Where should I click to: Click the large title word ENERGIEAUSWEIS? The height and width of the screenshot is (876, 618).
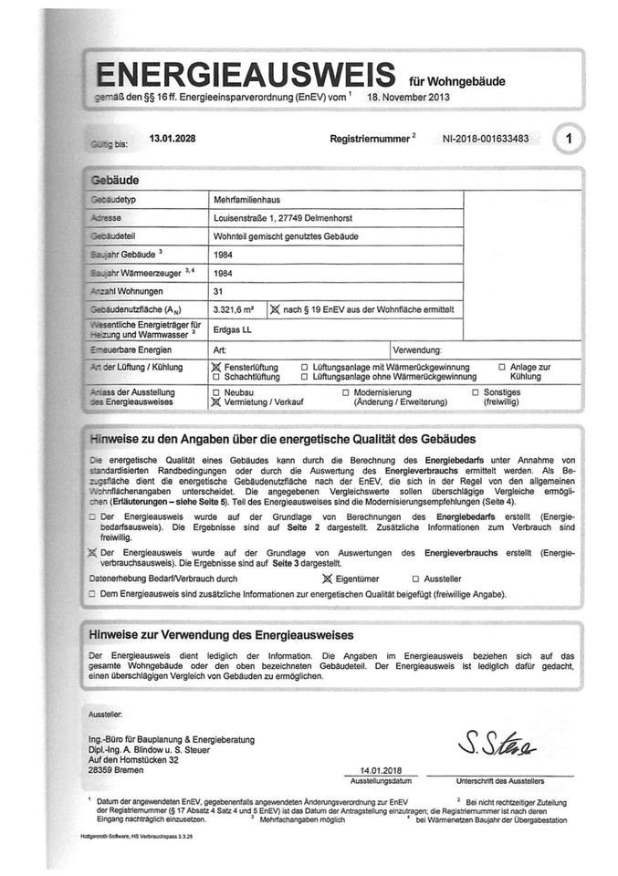(245, 72)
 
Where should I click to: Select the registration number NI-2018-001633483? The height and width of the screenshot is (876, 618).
(482, 140)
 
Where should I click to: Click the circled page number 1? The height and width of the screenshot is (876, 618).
(570, 139)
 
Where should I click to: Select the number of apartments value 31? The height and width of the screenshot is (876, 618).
(217, 291)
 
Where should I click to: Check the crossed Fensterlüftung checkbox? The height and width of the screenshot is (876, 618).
(216, 366)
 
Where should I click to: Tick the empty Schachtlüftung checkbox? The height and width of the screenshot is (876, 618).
(216, 375)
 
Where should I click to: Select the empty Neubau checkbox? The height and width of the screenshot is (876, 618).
(216, 391)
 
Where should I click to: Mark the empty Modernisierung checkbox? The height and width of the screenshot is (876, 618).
(346, 391)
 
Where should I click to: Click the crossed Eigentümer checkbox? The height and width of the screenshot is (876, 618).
(328, 578)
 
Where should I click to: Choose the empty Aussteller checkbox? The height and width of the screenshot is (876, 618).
(415, 578)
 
